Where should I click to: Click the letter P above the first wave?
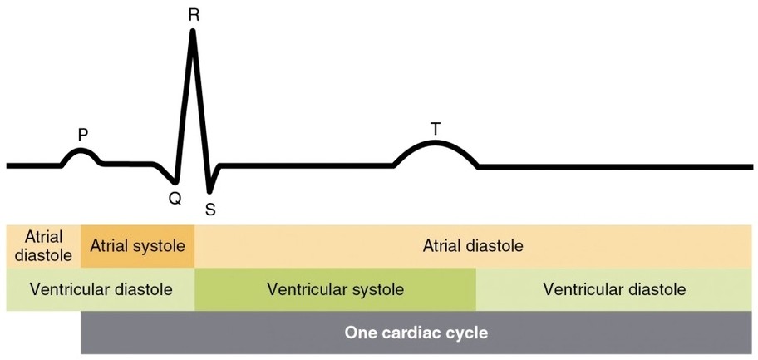[82, 133]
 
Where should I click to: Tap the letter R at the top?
[193, 14]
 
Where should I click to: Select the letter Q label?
[175, 198]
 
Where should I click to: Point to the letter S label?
[210, 210]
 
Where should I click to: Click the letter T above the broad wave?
[435, 128]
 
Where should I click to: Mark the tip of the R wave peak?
[193, 32]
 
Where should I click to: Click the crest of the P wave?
[81, 150]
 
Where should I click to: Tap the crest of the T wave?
[435, 142]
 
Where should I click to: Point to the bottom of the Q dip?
[175, 180]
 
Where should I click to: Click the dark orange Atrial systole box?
[137, 246]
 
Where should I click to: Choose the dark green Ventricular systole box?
[335, 289]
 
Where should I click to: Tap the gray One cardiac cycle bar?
[416, 333]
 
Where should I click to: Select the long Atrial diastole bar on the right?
[473, 246]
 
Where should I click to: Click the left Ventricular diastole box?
[101, 289]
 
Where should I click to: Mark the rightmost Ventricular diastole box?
[614, 289]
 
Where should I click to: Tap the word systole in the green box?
[378, 289]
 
